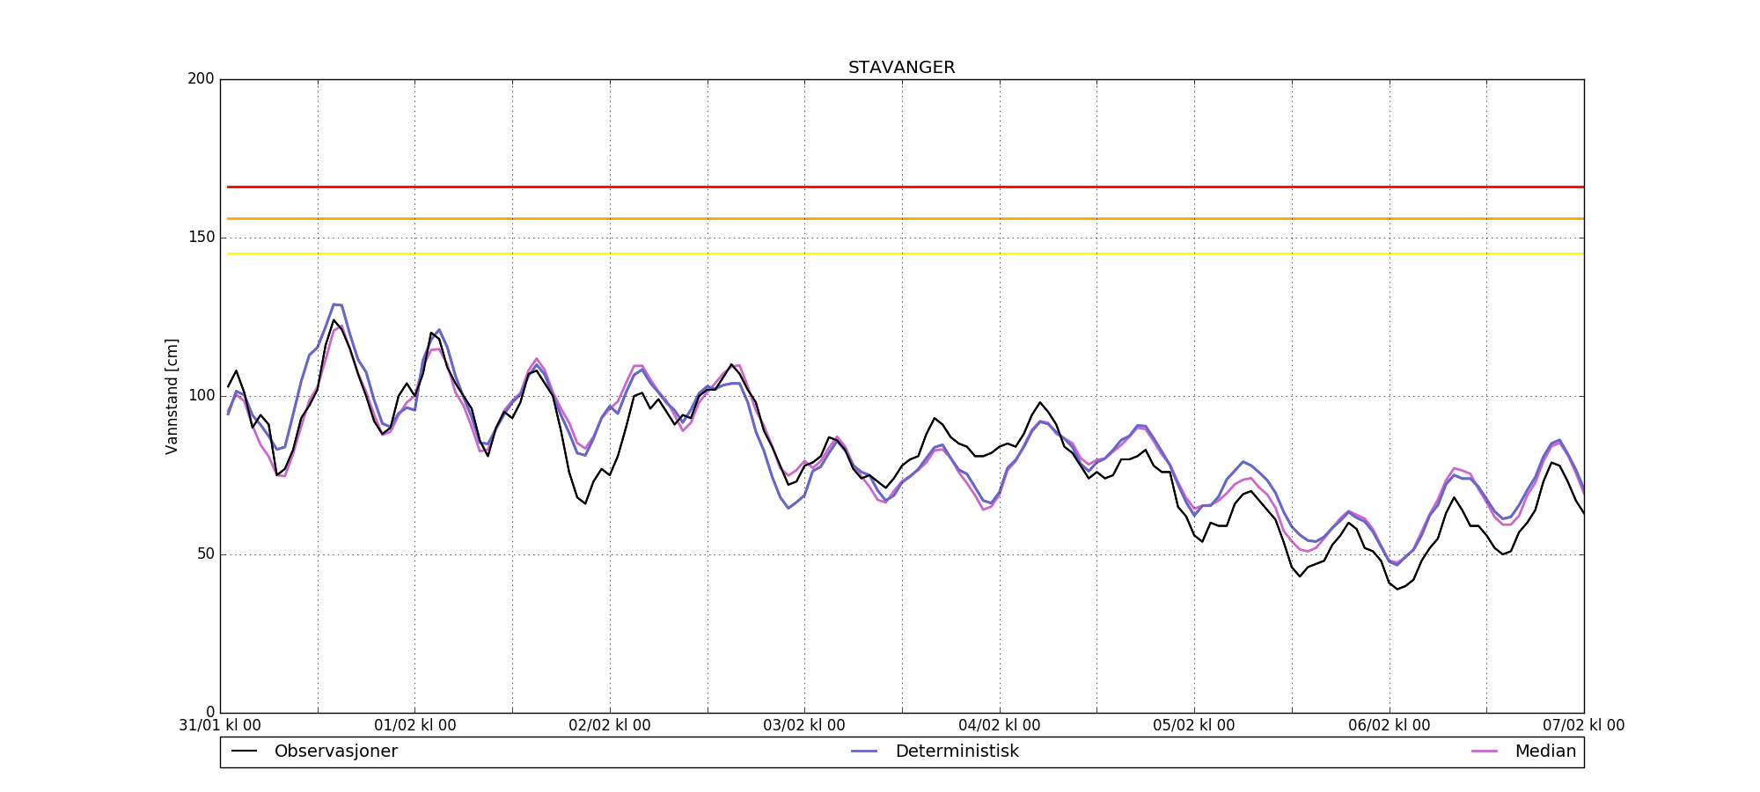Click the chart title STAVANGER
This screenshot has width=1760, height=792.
(x=901, y=68)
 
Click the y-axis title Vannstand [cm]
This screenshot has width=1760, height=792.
(x=172, y=396)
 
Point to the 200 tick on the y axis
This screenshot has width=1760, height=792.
(x=201, y=79)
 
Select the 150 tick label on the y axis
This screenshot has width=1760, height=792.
(x=201, y=238)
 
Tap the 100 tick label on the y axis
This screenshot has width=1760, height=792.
(x=201, y=396)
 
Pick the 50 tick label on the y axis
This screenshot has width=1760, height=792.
(x=204, y=554)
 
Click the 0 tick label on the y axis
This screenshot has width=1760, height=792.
(x=209, y=712)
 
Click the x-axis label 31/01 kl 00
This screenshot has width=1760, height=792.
(x=220, y=726)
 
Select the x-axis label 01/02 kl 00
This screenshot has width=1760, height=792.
(x=415, y=726)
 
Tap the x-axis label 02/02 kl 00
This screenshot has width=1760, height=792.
(x=610, y=726)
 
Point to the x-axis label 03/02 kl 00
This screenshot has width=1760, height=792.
(x=804, y=726)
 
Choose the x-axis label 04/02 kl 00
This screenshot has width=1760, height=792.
(x=1000, y=726)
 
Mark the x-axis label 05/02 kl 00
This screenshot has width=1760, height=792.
(x=1194, y=726)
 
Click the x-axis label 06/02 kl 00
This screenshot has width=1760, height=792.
(x=1390, y=726)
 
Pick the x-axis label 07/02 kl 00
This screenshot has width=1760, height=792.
(x=1584, y=726)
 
